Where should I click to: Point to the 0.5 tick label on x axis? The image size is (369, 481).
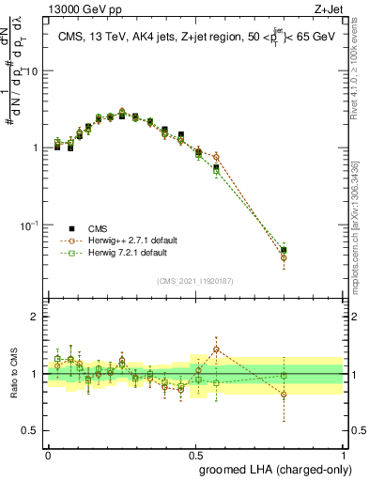(x=195, y=453)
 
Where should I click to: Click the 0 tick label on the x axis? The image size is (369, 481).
(x=48, y=453)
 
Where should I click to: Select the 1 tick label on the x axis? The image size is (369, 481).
(x=343, y=453)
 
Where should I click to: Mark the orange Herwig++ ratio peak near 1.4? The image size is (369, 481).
(x=217, y=349)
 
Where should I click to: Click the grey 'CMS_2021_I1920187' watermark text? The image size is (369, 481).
(x=194, y=279)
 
